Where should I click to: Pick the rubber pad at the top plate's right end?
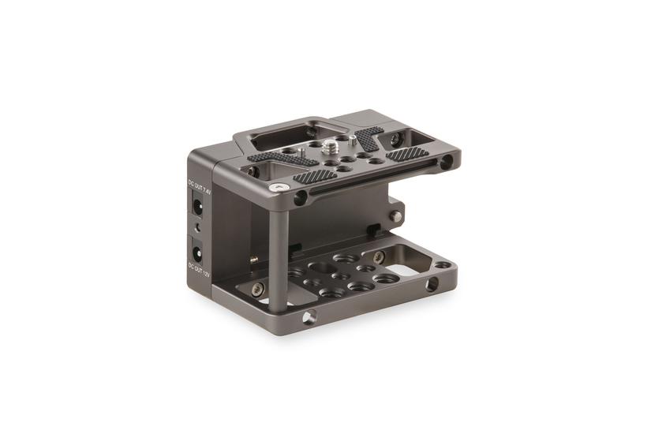(x=407, y=154)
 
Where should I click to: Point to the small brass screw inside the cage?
(x=254, y=259)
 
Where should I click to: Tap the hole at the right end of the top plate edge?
(x=447, y=163)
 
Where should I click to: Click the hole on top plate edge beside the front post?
(x=300, y=198)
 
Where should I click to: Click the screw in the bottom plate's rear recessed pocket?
(x=380, y=256)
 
